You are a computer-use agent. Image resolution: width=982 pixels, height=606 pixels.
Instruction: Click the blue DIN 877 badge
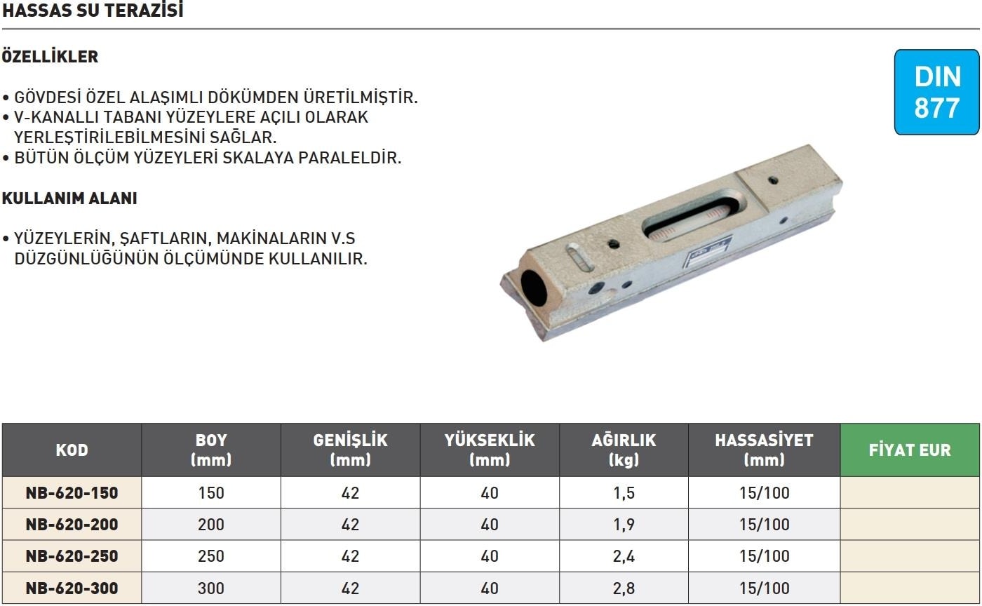coord(937,92)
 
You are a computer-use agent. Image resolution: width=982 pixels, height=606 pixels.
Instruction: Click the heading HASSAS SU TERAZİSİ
coord(93,11)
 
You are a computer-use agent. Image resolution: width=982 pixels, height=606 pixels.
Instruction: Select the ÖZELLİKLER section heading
coord(50,57)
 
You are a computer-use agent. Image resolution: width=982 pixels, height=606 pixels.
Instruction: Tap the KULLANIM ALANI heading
coord(69,198)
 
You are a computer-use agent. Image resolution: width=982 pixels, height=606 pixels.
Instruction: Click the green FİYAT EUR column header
coord(910,450)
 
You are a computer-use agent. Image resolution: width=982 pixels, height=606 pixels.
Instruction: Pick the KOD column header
coord(72,450)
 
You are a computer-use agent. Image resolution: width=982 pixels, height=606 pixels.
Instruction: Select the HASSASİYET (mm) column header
coord(764,450)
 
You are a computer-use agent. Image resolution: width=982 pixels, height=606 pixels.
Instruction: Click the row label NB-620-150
coord(72,493)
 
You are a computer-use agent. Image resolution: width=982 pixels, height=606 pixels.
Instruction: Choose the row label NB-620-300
coord(72,588)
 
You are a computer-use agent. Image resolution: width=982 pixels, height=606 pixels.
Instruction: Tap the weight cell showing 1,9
coord(624,525)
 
